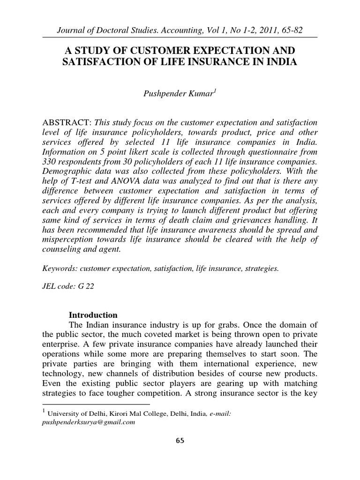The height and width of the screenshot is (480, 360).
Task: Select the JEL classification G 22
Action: pos(87,286)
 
